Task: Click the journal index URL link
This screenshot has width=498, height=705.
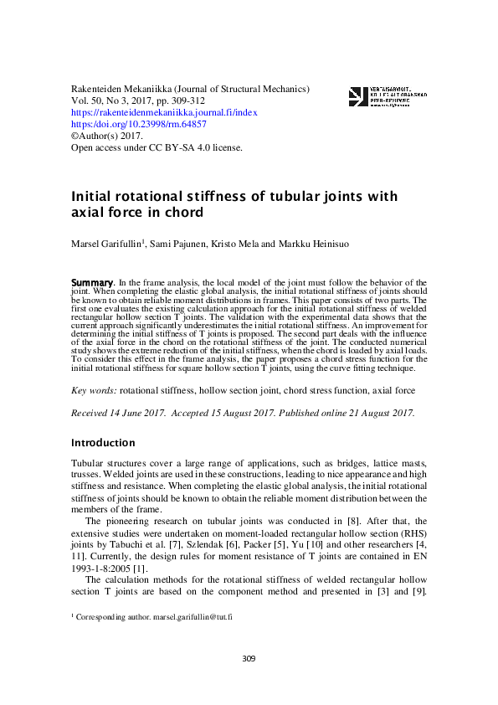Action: [x=164, y=111]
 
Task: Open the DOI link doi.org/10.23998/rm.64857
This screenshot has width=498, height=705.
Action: [x=139, y=123]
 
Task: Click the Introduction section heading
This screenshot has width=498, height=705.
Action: [x=103, y=442]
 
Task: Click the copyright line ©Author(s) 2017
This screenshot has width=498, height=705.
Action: [x=107, y=136]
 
